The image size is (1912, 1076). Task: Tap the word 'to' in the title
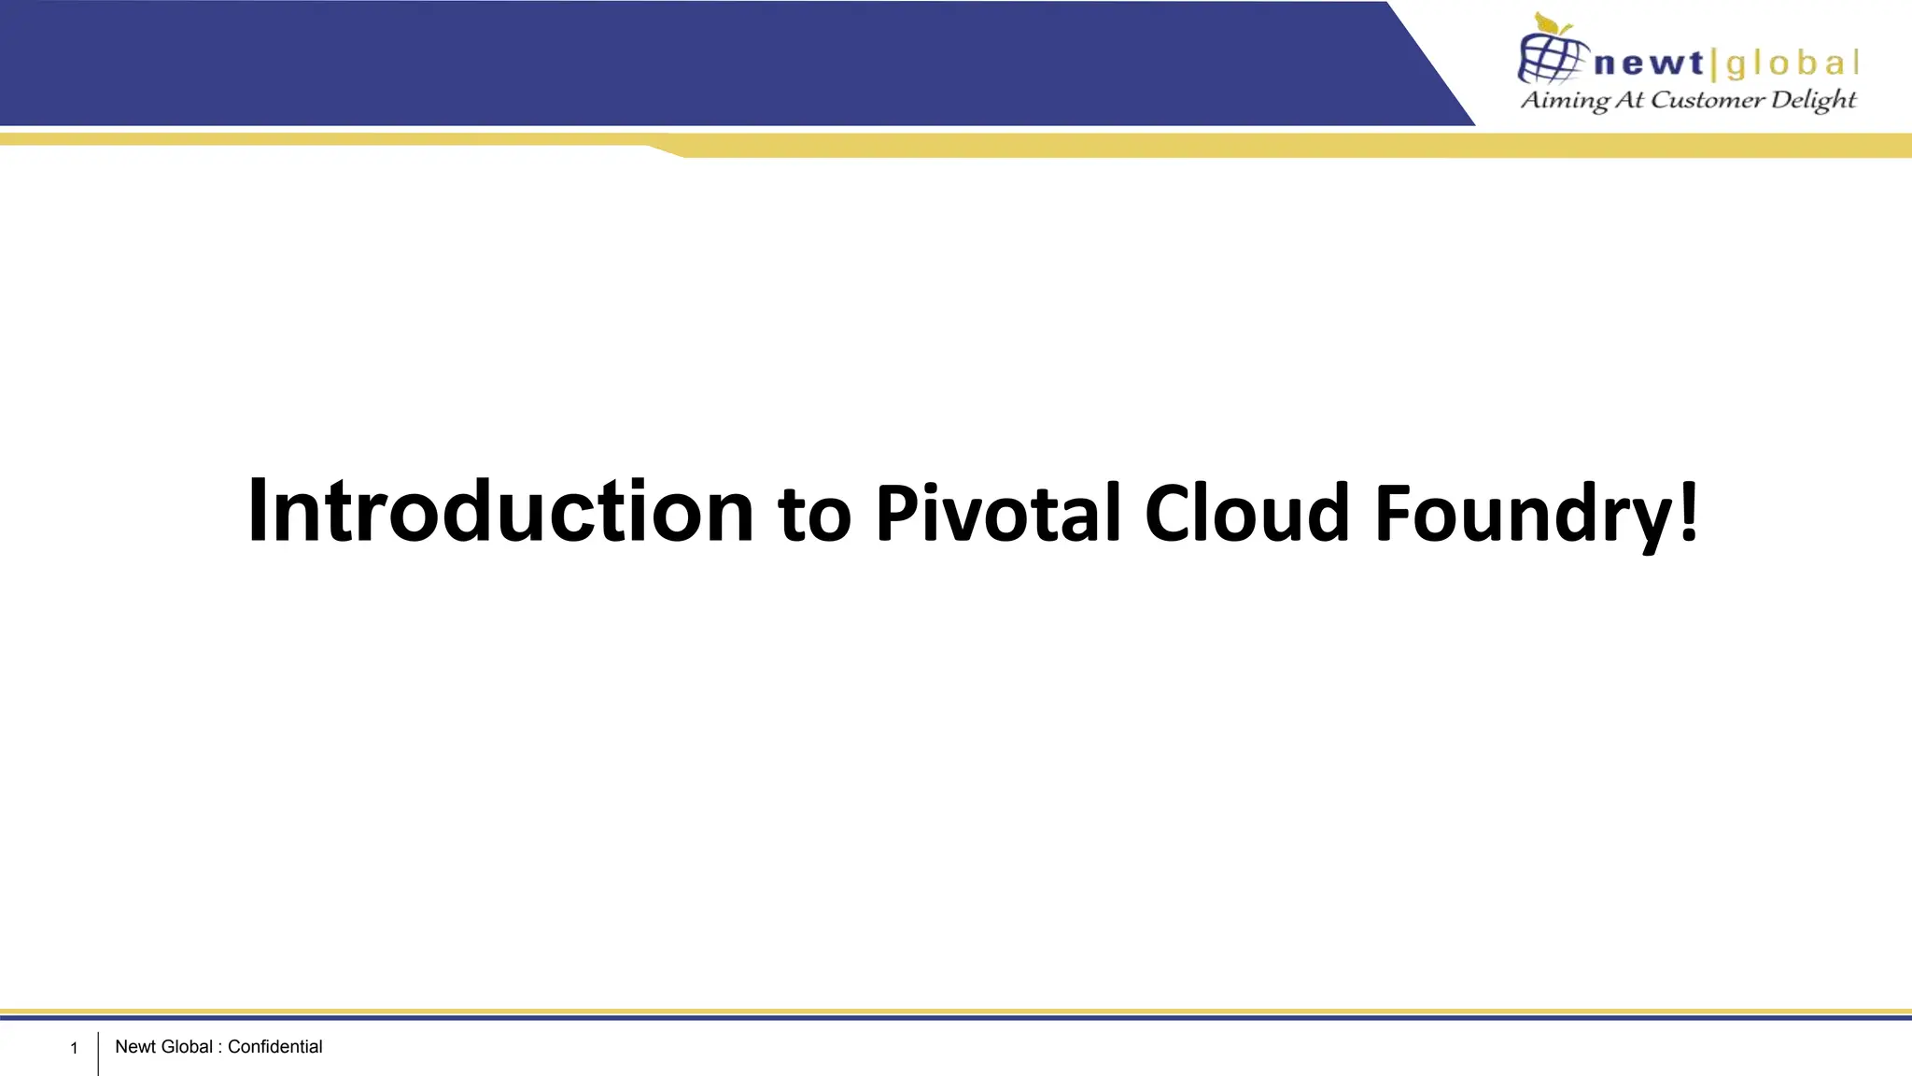point(814,515)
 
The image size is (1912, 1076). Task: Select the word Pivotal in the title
point(997,513)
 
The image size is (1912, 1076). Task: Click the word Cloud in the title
point(1246,513)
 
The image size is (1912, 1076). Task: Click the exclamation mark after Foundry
point(1688,511)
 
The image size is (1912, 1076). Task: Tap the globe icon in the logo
point(1551,58)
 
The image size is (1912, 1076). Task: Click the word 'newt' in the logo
point(1649,64)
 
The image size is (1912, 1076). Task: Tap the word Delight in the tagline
point(1813,100)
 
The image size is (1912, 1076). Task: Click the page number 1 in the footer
point(74,1048)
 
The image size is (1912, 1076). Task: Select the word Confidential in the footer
point(274,1046)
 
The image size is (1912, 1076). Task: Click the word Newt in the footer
point(135,1046)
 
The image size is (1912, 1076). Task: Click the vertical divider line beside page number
point(98,1053)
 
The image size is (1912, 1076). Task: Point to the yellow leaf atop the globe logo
point(1550,22)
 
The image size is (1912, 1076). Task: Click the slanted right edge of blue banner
point(1430,64)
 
